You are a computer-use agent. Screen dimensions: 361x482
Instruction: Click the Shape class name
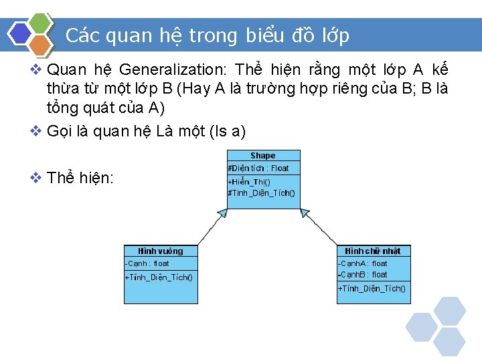pos(263,156)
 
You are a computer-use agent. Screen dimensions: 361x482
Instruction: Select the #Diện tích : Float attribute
pos(258,168)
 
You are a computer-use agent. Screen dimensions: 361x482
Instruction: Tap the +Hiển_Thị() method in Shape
pos(249,182)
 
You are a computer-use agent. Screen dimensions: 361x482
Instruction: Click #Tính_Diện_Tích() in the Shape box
pos(261,193)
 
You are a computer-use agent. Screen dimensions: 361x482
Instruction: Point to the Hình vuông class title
pos(161,251)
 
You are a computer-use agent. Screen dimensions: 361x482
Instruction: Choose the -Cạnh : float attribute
pos(147,264)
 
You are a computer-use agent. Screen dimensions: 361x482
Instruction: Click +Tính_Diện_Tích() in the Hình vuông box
pos(159,277)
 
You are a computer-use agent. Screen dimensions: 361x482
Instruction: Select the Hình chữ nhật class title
pos(373,251)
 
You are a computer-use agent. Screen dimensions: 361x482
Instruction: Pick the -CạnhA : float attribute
pos(362,264)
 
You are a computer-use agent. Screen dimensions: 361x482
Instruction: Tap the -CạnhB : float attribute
pos(362,275)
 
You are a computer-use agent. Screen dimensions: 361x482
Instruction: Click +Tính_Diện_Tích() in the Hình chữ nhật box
pos(372,289)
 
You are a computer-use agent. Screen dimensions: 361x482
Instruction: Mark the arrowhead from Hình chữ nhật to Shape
pos(305,213)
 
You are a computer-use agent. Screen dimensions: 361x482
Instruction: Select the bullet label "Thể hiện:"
pos(80,178)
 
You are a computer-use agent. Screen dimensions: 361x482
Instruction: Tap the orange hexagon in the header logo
pos(41,45)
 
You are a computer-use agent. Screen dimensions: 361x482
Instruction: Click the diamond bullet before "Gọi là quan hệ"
pos(37,131)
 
